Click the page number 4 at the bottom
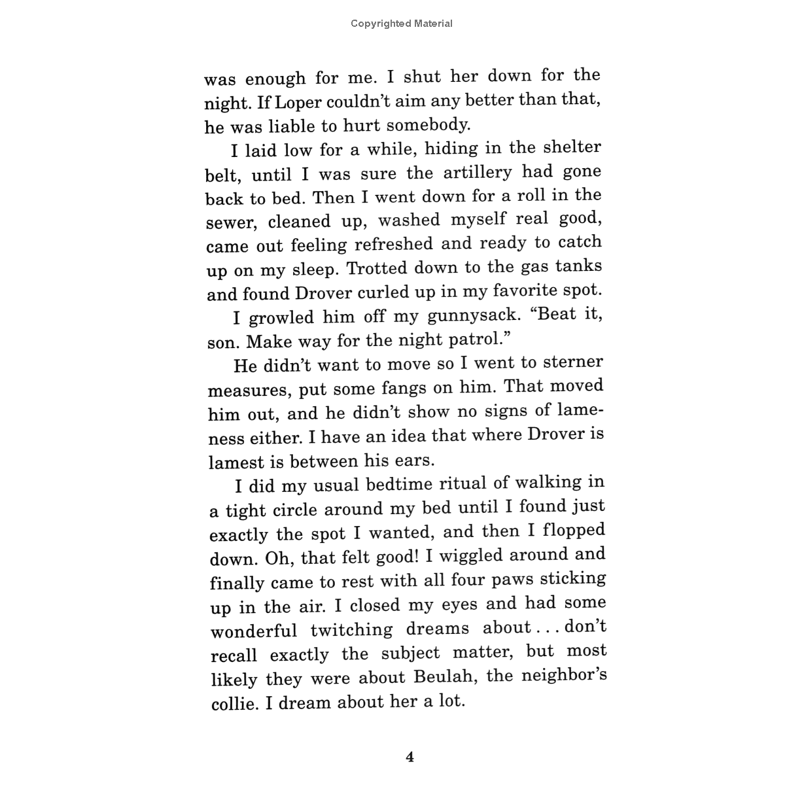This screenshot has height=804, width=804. click(x=410, y=758)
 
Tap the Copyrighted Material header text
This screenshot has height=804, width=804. click(x=401, y=24)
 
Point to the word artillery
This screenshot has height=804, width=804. click(x=477, y=173)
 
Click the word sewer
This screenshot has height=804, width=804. click(x=230, y=223)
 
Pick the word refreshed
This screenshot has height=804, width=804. click(x=394, y=245)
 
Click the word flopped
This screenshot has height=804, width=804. click(x=574, y=530)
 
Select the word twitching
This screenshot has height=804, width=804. click(x=351, y=631)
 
